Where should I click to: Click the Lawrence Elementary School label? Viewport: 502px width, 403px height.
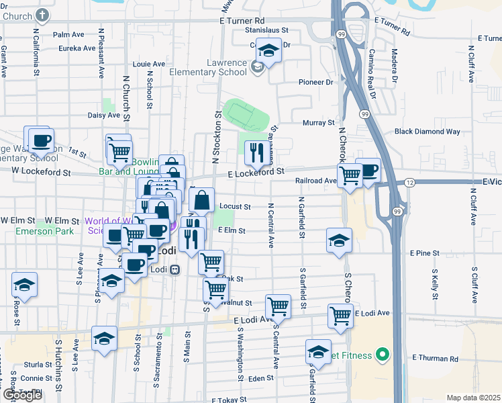click(207, 67)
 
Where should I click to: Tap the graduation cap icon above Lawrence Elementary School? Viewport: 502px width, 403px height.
click(268, 51)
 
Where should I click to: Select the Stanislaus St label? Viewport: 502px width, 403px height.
click(266, 30)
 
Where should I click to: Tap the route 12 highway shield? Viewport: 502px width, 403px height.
click(409, 183)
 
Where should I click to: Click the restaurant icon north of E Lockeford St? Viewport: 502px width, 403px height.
click(254, 154)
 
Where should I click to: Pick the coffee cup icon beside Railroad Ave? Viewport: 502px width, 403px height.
click(368, 170)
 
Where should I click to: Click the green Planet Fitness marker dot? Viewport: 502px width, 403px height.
click(383, 353)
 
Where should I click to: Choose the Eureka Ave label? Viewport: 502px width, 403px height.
click(77, 48)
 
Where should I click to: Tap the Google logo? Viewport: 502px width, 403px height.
click(22, 395)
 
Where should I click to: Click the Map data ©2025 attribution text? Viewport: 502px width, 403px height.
click(472, 398)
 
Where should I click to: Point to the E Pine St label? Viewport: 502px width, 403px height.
click(424, 253)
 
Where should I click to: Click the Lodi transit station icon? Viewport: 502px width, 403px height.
click(174, 269)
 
